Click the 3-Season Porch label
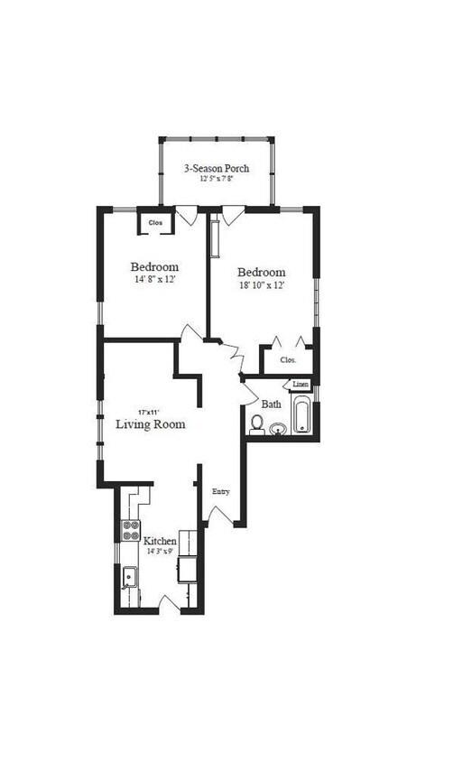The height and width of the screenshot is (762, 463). click(x=217, y=168)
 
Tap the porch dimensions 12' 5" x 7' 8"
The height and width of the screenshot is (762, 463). click(x=217, y=179)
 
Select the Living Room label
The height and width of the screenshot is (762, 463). click(x=151, y=423)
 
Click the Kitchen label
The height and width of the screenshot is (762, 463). click(x=161, y=541)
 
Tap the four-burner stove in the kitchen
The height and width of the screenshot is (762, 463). click(x=131, y=530)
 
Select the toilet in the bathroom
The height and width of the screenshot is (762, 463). click(x=257, y=423)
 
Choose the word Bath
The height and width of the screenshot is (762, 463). click(x=271, y=404)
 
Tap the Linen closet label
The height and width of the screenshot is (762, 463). click(x=300, y=386)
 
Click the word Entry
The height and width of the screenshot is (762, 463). click(x=220, y=492)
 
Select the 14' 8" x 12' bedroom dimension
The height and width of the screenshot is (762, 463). click(x=153, y=280)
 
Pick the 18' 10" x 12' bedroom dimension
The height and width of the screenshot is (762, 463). click(x=261, y=285)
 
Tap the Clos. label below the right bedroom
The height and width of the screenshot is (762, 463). click(x=288, y=359)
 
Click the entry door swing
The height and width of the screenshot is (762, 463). click(x=219, y=514)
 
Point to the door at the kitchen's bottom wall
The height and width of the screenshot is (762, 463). click(x=170, y=602)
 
